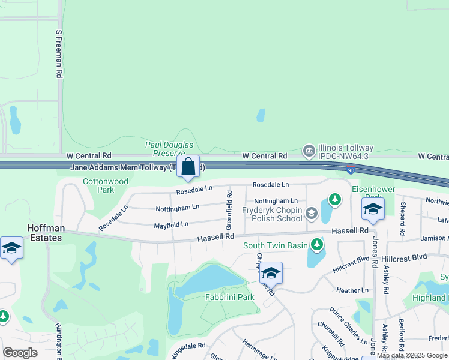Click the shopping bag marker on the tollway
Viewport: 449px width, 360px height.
pos(188,166)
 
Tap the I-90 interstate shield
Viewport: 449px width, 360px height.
pos(351,170)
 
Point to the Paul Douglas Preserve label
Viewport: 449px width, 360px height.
pos(169,149)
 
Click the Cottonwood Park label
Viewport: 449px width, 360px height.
pos(106,185)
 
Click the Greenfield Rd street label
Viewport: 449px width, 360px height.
pos(229,210)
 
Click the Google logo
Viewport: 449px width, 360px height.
pos(20,353)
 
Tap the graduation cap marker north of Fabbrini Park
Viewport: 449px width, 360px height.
pos(271,273)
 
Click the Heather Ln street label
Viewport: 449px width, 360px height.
pos(348,290)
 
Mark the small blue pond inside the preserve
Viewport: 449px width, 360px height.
pos(261,115)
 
